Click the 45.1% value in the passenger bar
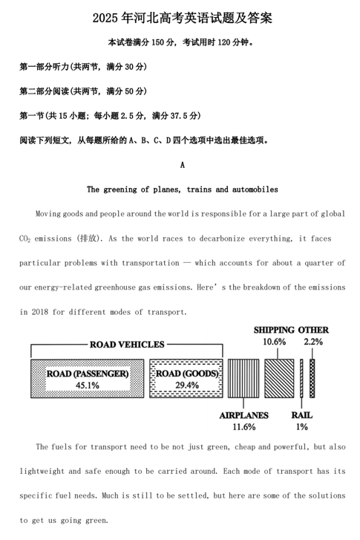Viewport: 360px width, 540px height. [x=87, y=386]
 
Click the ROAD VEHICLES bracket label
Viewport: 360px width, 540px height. [x=127, y=345]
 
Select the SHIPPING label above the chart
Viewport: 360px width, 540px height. [x=274, y=330]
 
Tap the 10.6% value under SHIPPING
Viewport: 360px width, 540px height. [x=274, y=342]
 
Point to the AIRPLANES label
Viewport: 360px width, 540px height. [x=243, y=415]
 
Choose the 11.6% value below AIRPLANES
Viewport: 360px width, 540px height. [x=243, y=427]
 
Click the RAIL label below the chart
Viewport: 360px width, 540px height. [x=301, y=415]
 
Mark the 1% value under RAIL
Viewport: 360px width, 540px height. [x=301, y=427]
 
